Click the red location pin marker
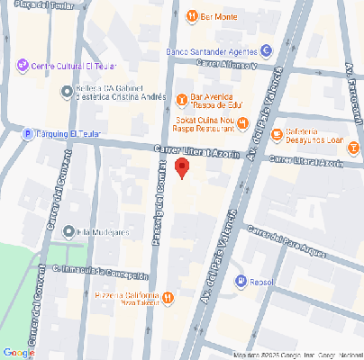click(182, 167)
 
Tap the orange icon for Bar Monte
click(191, 16)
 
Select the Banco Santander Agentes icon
click(266, 50)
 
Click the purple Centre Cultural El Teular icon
click(23, 65)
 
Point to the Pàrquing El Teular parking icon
click(28, 134)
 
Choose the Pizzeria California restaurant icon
click(168, 298)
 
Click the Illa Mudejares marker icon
click(69, 231)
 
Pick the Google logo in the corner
click(19, 352)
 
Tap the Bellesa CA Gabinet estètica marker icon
click(66, 91)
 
